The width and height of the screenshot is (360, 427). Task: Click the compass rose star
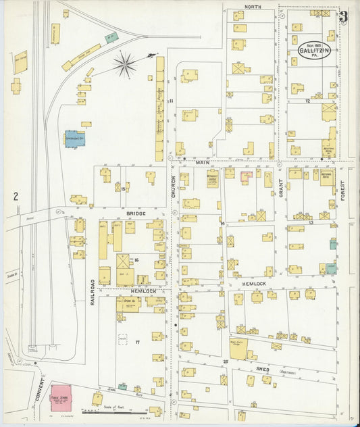tap(125, 64)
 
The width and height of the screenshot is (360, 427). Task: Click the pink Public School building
tap(61, 395)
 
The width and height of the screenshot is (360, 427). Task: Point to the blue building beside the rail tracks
tap(72, 139)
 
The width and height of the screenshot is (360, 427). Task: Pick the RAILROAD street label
tap(93, 291)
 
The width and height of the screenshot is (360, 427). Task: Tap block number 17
tap(137, 343)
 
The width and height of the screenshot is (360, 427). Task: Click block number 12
tap(307, 101)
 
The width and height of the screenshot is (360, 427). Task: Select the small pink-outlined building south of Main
tap(247, 174)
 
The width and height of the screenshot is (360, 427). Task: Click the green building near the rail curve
tap(110, 36)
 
